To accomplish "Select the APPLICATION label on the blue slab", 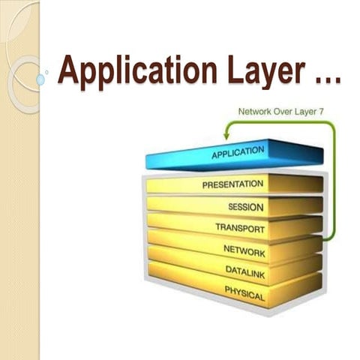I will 238,153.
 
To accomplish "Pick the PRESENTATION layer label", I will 232,184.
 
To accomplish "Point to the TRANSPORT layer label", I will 239,226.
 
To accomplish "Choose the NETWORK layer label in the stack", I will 244,248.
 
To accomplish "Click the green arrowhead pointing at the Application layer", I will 225,136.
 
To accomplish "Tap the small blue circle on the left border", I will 40,79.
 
